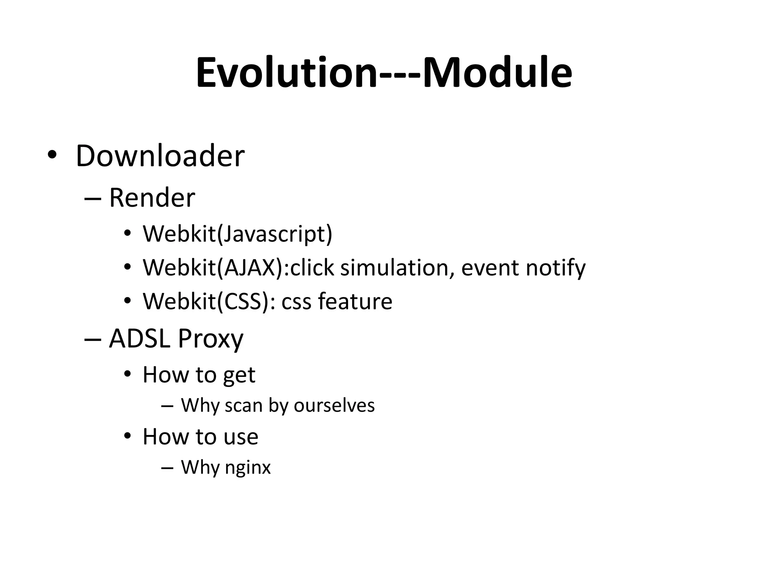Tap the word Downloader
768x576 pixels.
click(x=160, y=156)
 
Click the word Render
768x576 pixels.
click(x=152, y=198)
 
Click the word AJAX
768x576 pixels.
click(x=250, y=267)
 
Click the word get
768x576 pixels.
click(x=239, y=375)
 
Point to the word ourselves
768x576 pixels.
click(x=334, y=405)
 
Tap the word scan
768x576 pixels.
click(x=243, y=405)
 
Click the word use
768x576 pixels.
click(x=241, y=437)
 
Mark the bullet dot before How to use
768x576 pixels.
click(x=127, y=436)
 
